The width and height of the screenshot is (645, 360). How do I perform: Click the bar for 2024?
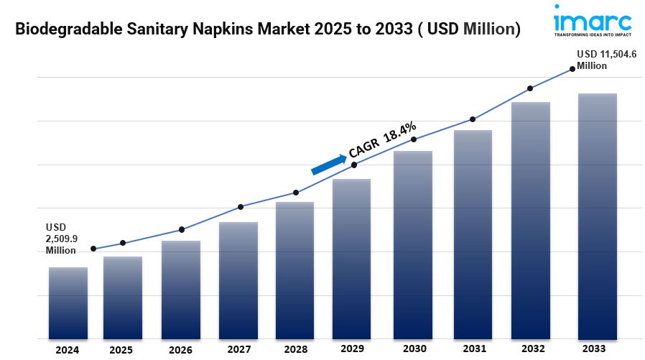click(68, 303)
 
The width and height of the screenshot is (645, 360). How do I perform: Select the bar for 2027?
click(238, 280)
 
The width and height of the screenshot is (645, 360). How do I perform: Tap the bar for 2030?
click(413, 244)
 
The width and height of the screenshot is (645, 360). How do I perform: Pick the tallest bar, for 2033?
click(598, 216)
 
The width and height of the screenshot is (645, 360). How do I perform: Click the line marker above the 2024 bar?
click(93, 249)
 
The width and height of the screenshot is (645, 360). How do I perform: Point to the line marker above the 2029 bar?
click(354, 165)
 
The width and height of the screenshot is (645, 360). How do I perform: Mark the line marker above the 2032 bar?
click(530, 88)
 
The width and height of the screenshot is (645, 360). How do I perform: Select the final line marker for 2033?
click(572, 69)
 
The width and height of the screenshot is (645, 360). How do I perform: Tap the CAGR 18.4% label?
click(382, 139)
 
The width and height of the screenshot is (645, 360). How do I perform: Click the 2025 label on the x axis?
click(121, 350)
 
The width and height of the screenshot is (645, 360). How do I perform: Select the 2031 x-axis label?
click(472, 350)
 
